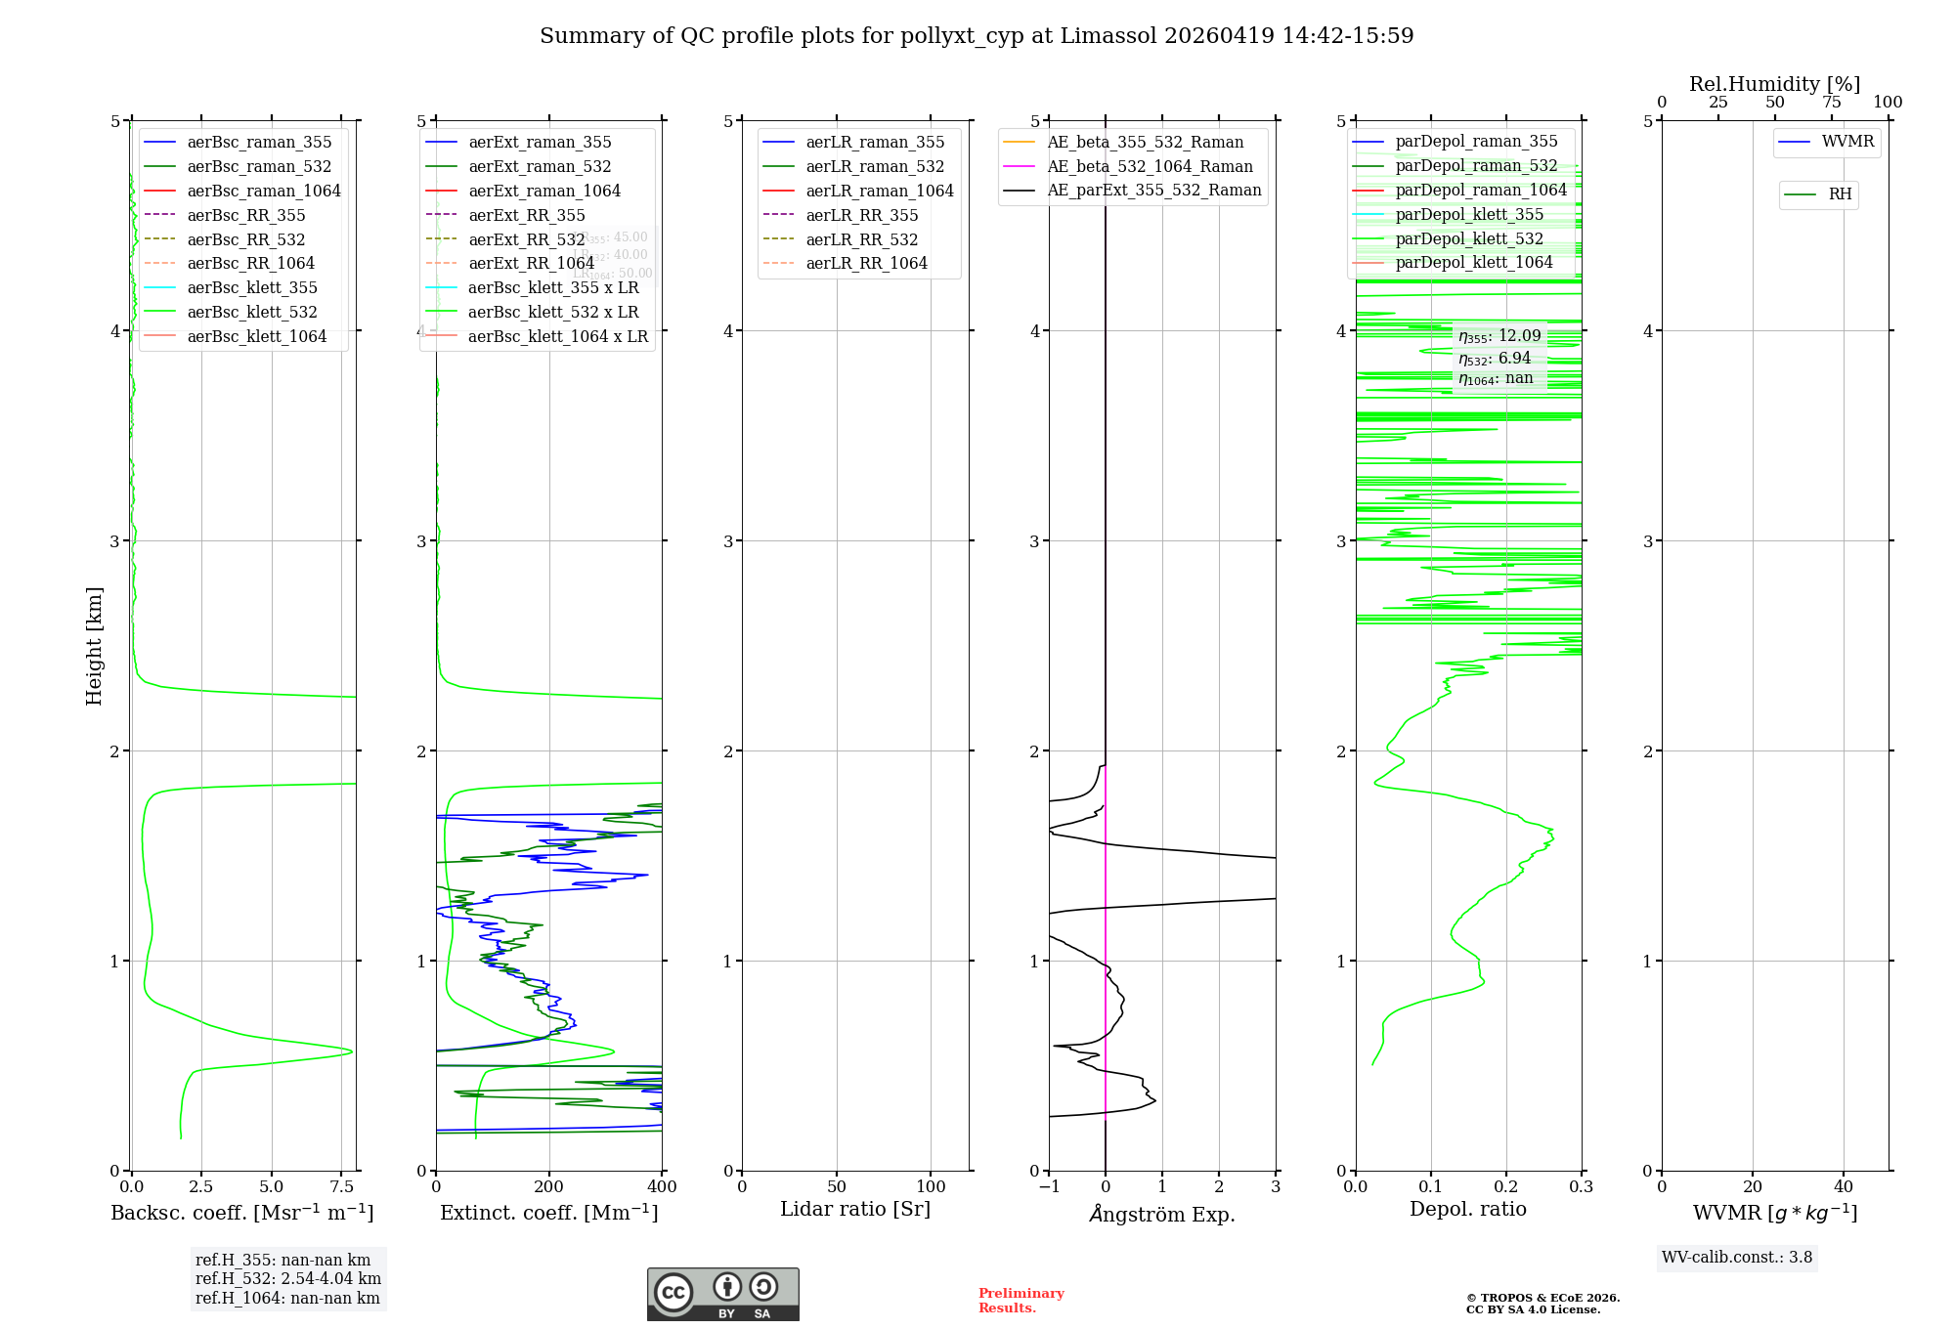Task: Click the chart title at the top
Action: pyautogui.click(x=977, y=36)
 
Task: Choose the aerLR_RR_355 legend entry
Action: pyautogui.click(x=861, y=216)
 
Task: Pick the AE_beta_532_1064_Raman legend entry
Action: pyautogui.click(x=1150, y=167)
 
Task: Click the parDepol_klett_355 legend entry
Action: pyautogui.click(x=1469, y=215)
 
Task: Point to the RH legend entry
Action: pyautogui.click(x=1840, y=194)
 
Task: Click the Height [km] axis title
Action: pyautogui.click(x=94, y=646)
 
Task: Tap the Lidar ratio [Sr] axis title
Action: pyautogui.click(x=855, y=1209)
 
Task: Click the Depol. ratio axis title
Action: pyautogui.click(x=1467, y=1209)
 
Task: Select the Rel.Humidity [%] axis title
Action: pyautogui.click(x=1774, y=84)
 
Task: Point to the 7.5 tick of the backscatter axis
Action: pyautogui.click(x=341, y=1187)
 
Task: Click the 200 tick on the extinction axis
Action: pyautogui.click(x=549, y=1187)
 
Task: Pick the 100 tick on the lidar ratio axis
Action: pyautogui.click(x=931, y=1187)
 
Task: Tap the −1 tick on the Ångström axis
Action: pyautogui.click(x=1049, y=1187)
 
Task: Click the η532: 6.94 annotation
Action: pyautogui.click(x=1495, y=359)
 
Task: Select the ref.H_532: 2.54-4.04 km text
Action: pyautogui.click(x=288, y=1279)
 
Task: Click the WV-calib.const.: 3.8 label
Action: pyautogui.click(x=1737, y=1258)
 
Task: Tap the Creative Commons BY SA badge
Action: pyautogui.click(x=723, y=1295)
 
